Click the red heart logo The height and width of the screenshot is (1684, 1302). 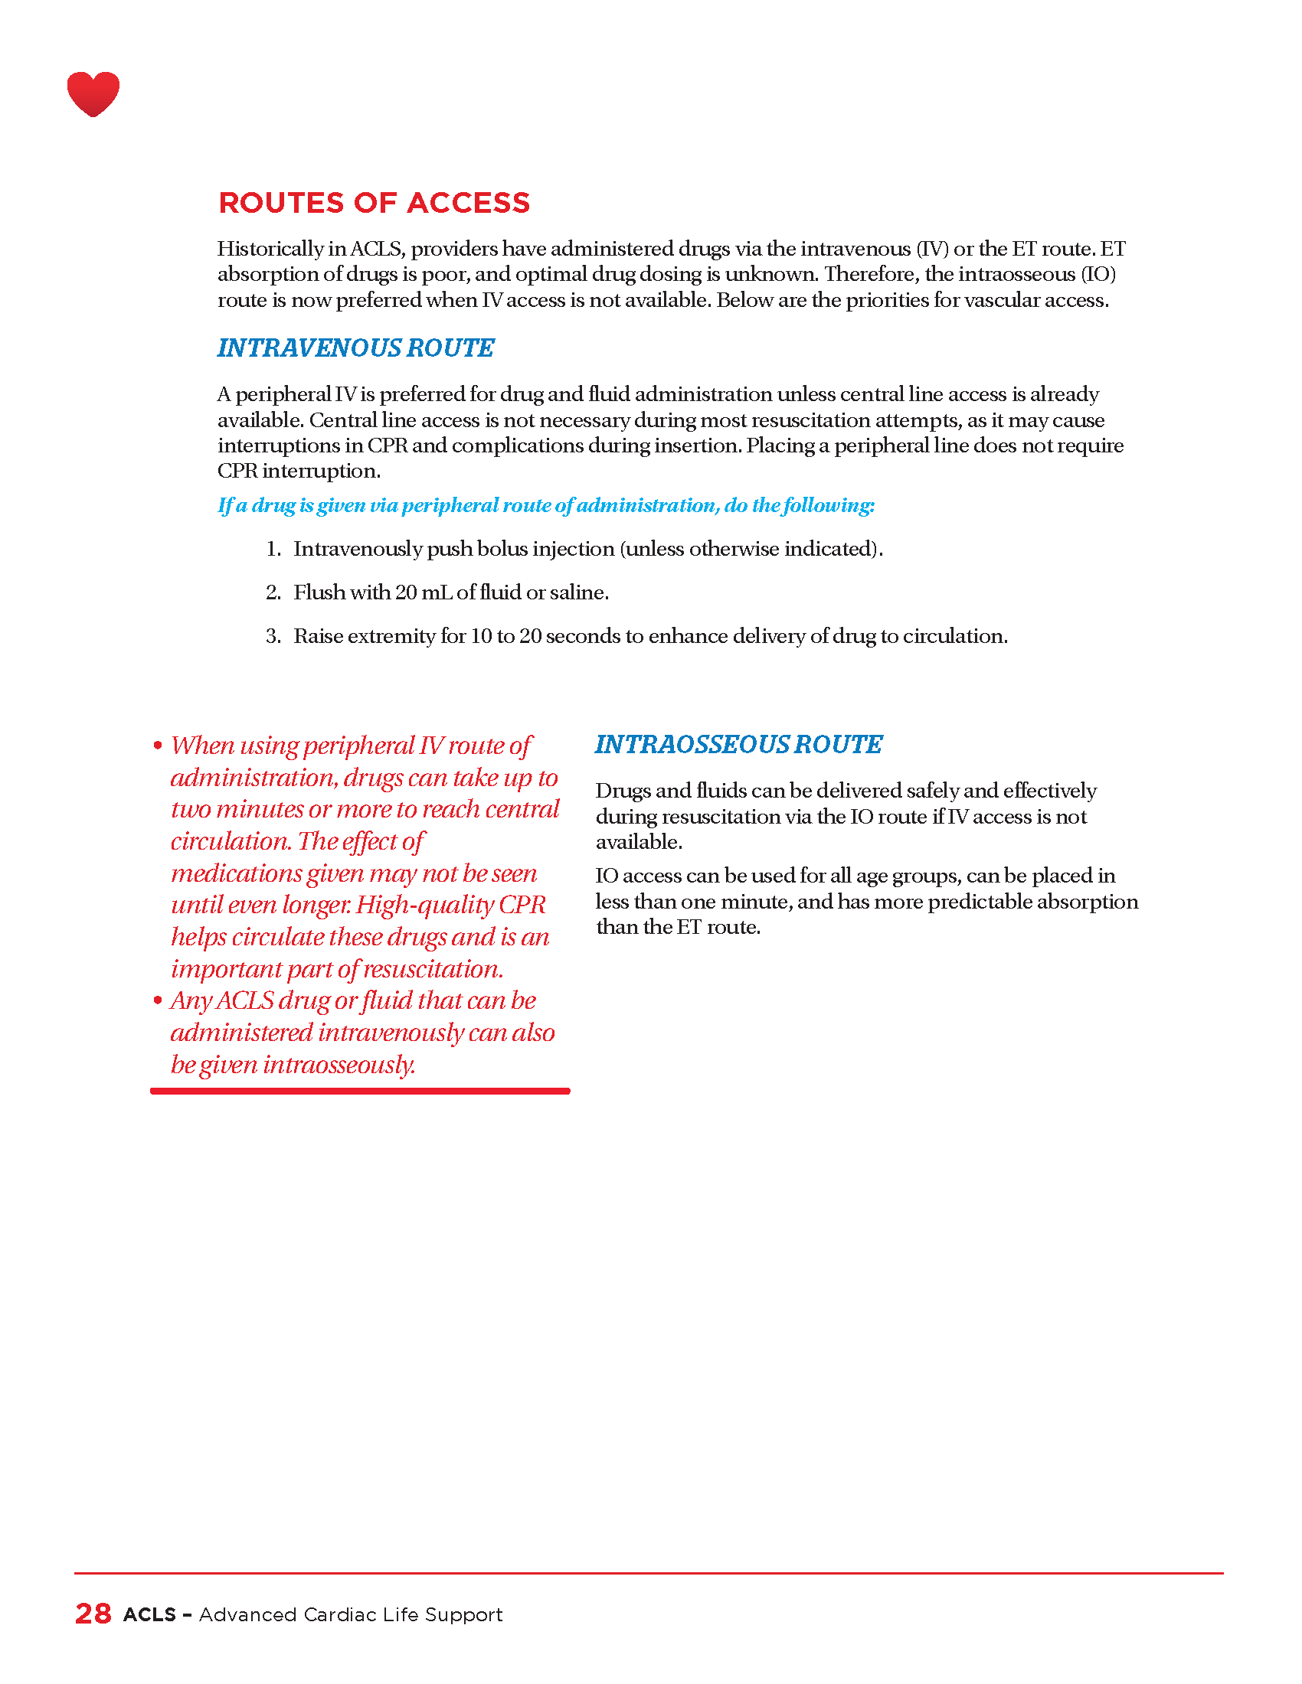click(93, 93)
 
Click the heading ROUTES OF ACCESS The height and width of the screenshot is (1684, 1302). click(374, 203)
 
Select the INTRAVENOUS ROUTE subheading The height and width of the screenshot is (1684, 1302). click(355, 348)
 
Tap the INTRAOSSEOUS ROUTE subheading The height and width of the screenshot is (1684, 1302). click(738, 744)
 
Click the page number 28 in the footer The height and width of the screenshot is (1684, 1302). click(93, 1614)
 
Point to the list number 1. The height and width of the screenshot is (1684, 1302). click(273, 549)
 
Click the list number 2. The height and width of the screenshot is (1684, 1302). click(273, 592)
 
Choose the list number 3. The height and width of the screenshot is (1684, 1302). click(273, 636)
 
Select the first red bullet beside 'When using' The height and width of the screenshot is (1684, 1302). click(158, 746)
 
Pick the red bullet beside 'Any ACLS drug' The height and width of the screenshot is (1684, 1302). click(158, 1001)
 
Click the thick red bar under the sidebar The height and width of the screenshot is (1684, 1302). click(360, 1091)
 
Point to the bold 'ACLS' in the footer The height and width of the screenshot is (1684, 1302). click(149, 1614)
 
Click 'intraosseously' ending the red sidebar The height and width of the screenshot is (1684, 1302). click(339, 1065)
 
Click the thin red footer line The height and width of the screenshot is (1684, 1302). click(648, 1573)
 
